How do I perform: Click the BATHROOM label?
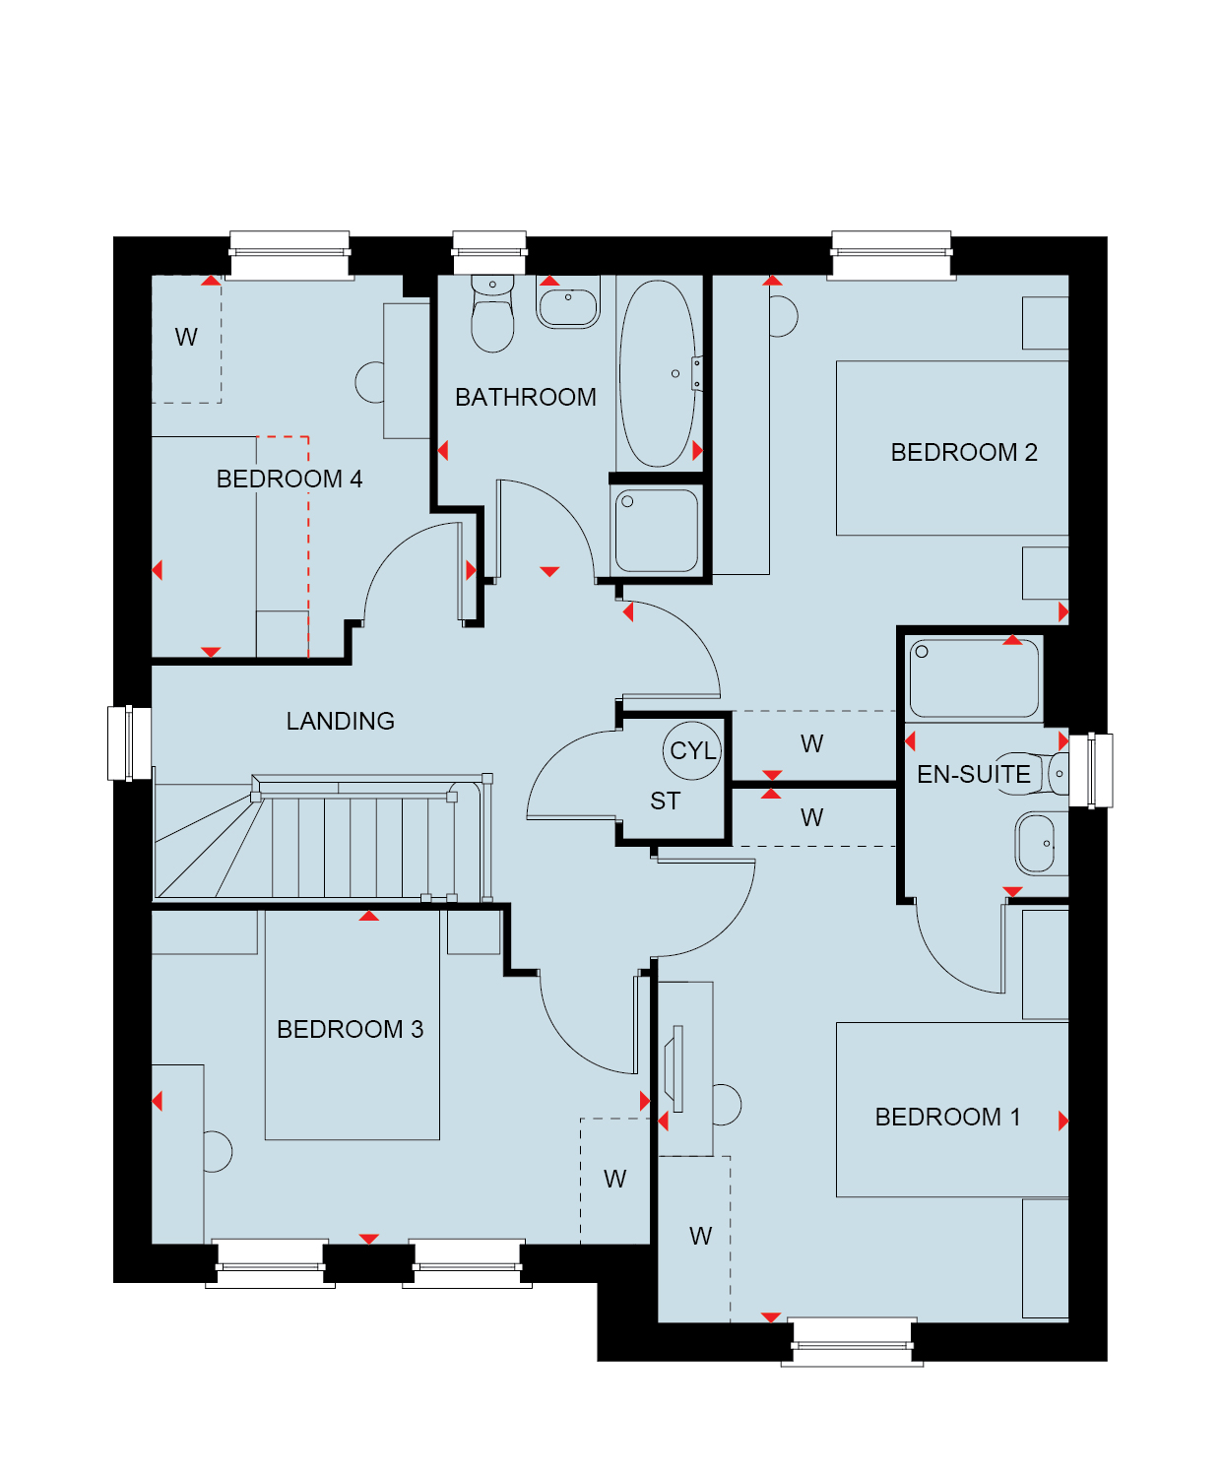point(525,397)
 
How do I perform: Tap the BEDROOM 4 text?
point(289,479)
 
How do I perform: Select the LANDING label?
point(340,721)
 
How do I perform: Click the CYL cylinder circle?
point(692,750)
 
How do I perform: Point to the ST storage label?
point(665,801)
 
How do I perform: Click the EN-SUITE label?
point(973,774)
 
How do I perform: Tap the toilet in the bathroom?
point(492,313)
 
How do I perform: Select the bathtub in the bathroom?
point(657,373)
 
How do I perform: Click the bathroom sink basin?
point(567,302)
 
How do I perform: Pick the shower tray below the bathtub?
point(657,531)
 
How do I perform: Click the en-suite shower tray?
point(974,678)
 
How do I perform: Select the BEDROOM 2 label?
point(964,452)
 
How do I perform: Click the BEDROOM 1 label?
point(947,1117)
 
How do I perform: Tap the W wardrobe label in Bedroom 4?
point(186,337)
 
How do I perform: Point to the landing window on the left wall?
point(129,743)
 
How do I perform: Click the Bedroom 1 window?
point(852,1341)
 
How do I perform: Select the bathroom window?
point(489,252)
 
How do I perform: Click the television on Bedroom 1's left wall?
point(675,1068)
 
